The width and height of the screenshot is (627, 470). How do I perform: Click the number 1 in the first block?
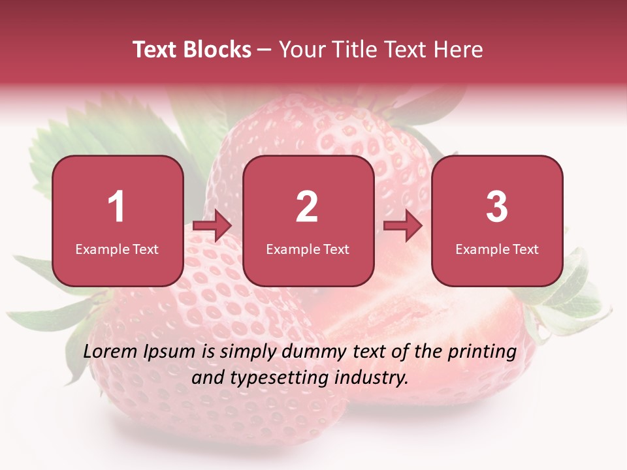click(x=117, y=207)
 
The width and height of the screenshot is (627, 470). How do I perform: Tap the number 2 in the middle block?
click(x=307, y=207)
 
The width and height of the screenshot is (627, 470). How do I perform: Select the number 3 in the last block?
click(x=497, y=207)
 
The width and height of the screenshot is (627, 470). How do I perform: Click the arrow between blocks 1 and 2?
click(x=213, y=227)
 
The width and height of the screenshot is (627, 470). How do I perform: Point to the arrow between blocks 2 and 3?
click(x=403, y=227)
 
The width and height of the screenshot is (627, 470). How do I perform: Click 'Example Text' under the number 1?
click(x=117, y=249)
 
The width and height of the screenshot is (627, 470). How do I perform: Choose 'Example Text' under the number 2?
click(x=308, y=249)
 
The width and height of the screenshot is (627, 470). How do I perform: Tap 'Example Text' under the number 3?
click(x=497, y=249)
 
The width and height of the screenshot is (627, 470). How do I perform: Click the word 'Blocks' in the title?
click(x=219, y=50)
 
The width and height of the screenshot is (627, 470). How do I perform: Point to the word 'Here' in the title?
click(x=460, y=50)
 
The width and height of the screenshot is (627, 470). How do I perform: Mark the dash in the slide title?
click(x=265, y=50)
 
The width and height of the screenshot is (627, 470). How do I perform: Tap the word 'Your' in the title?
click(x=301, y=50)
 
